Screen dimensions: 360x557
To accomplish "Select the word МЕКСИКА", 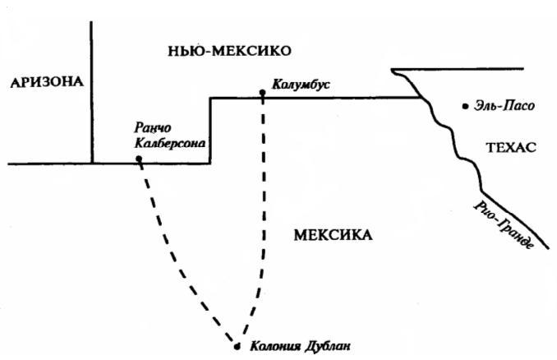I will [x=332, y=236].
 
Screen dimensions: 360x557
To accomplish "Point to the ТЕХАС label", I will [x=510, y=148].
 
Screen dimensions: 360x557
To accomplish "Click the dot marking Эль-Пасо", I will [x=466, y=105].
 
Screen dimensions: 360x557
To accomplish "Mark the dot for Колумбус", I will [x=262, y=93].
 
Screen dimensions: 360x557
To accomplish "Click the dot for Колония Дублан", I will [x=237, y=345].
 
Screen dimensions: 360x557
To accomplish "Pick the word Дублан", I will [x=327, y=346].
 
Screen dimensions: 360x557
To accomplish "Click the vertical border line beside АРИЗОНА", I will [x=91, y=90].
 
